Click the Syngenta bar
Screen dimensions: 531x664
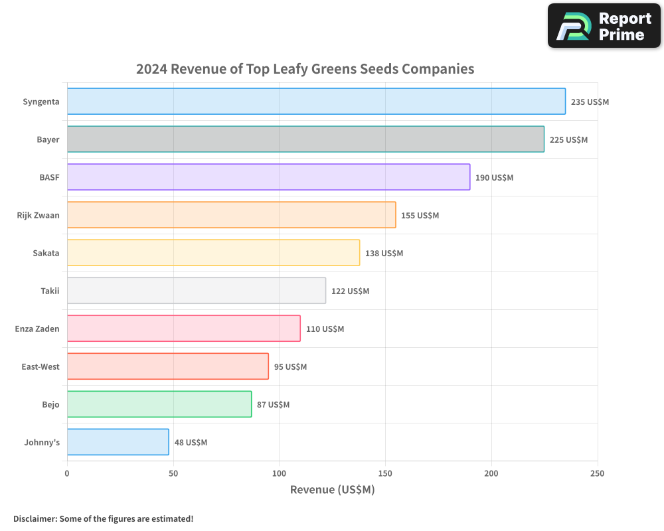pos(316,102)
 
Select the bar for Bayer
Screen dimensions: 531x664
pos(305,139)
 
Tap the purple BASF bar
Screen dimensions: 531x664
pos(268,177)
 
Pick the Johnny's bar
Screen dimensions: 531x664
pos(118,442)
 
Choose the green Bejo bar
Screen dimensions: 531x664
pos(159,404)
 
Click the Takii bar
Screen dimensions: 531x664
pos(197,291)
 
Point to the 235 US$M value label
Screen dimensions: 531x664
pos(590,102)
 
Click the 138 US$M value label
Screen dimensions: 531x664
pos(384,254)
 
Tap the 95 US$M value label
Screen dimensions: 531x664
pos(290,367)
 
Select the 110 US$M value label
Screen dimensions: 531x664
pos(325,329)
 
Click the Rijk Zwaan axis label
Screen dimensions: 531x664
pos(38,215)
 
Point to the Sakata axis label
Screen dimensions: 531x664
pos(46,253)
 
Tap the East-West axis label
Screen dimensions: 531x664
pos(41,366)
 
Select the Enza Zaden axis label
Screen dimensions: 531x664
pos(37,329)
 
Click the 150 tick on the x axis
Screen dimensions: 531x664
pos(385,473)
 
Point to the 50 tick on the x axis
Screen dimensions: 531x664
pos(173,473)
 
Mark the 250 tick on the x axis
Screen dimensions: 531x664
pos(597,473)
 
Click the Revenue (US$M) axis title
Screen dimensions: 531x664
pos(332,490)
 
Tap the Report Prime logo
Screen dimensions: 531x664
pos(604,26)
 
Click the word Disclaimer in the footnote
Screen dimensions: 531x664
pos(34,518)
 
